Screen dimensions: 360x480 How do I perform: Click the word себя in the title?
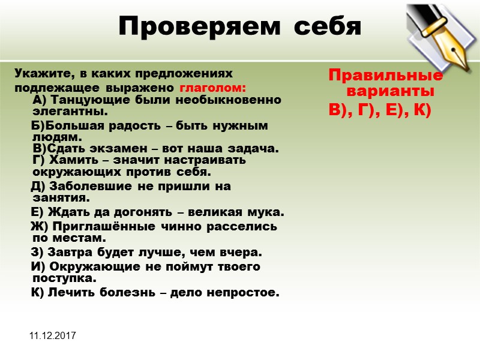(x=324, y=26)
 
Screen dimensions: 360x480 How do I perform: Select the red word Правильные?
(x=386, y=76)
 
